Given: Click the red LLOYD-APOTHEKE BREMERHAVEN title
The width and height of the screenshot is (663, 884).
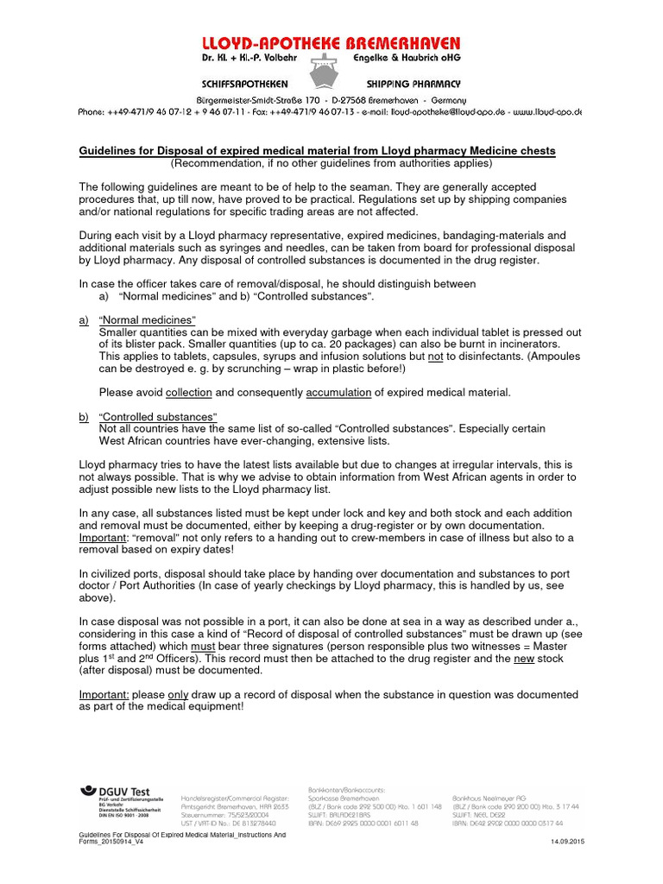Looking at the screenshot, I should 331,43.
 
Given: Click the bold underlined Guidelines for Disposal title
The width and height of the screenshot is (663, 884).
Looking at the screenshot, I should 317,151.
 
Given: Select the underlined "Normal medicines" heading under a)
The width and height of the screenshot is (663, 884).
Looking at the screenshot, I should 148,320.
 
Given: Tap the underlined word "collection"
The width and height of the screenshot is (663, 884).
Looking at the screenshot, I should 189,393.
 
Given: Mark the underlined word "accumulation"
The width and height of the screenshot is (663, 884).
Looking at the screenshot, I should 338,393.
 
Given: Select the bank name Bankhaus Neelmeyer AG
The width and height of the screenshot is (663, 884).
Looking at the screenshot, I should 492,798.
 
